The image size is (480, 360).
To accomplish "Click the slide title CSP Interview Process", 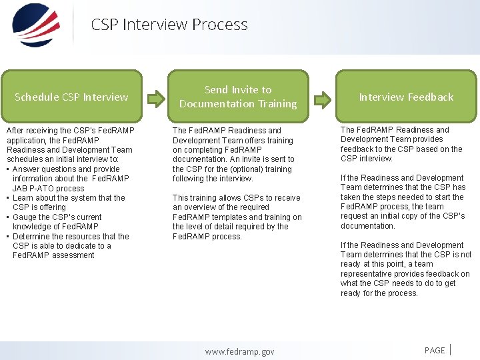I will click(169, 25).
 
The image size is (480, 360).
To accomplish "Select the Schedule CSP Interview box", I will click(71, 97).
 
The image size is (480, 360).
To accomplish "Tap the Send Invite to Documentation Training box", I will click(238, 97).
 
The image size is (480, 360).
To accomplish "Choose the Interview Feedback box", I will click(405, 97).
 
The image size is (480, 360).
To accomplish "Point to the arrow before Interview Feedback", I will click(323, 100).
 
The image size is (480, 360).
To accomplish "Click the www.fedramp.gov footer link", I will click(239, 351).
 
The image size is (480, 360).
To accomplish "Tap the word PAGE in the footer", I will click(435, 351).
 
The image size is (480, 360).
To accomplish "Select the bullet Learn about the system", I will click(68, 197).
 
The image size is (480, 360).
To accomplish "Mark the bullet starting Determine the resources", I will click(70, 236).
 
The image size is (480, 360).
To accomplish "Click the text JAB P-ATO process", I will click(48, 188).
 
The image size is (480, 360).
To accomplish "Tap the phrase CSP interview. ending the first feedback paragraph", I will click(367, 159).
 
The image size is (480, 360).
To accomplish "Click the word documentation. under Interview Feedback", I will click(367, 226).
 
